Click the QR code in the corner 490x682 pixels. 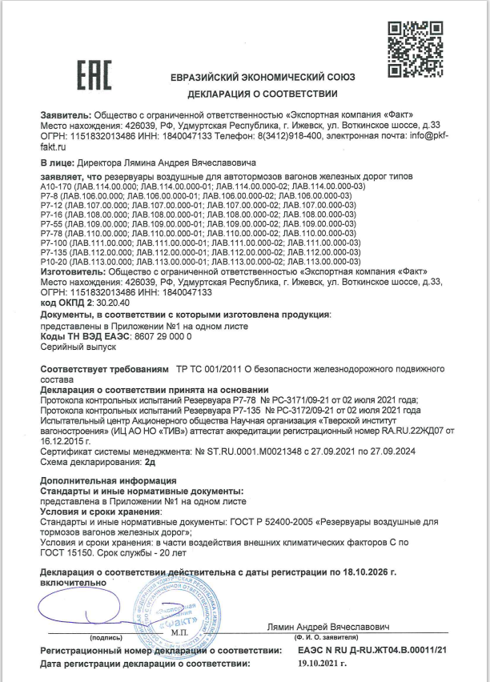coord(415,47)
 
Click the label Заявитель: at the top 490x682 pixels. coord(66,116)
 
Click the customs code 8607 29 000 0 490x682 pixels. coord(156,339)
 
